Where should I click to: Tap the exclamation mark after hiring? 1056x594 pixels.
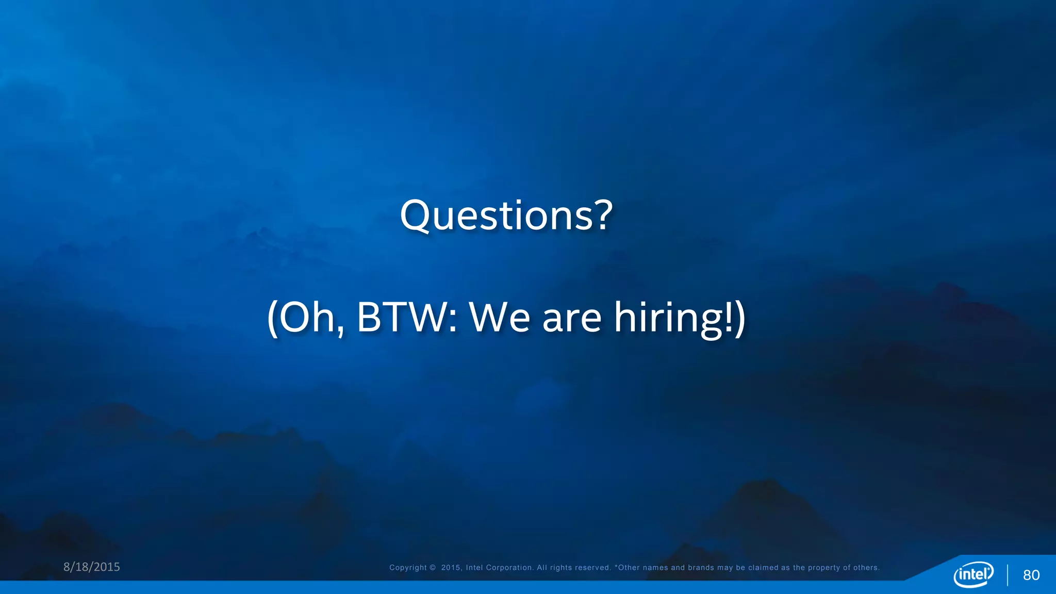(729, 317)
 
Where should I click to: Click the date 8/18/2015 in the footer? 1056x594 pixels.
(92, 567)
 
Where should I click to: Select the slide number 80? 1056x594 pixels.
(1031, 575)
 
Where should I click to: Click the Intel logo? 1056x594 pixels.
(973, 574)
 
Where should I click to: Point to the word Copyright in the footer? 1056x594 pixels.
(408, 568)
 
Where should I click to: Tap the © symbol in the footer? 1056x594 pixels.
(433, 568)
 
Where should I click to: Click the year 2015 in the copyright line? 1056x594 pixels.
(451, 568)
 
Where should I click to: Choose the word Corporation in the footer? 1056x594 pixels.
(509, 568)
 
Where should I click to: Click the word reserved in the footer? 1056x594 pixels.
(593, 568)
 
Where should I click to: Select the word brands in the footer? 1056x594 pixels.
(701, 568)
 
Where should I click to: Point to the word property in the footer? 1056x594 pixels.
(824, 568)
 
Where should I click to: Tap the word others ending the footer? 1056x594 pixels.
(866, 568)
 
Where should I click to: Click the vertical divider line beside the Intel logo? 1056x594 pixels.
(1008, 575)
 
